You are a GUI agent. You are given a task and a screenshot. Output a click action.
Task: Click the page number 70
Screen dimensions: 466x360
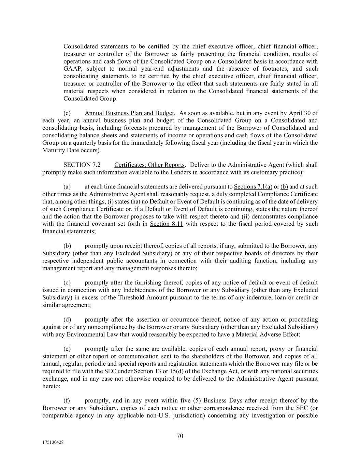click(180, 436)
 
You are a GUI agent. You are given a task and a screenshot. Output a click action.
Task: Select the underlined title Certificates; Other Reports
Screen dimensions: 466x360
click(149, 165)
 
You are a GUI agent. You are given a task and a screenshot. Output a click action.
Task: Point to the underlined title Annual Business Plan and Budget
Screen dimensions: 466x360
click(129, 113)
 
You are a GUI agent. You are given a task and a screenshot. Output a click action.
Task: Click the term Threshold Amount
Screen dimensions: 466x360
click(140, 297)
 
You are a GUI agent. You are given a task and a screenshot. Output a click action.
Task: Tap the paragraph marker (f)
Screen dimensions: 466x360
click(67, 400)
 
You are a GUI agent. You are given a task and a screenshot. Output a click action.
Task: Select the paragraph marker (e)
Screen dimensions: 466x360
click(67, 349)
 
